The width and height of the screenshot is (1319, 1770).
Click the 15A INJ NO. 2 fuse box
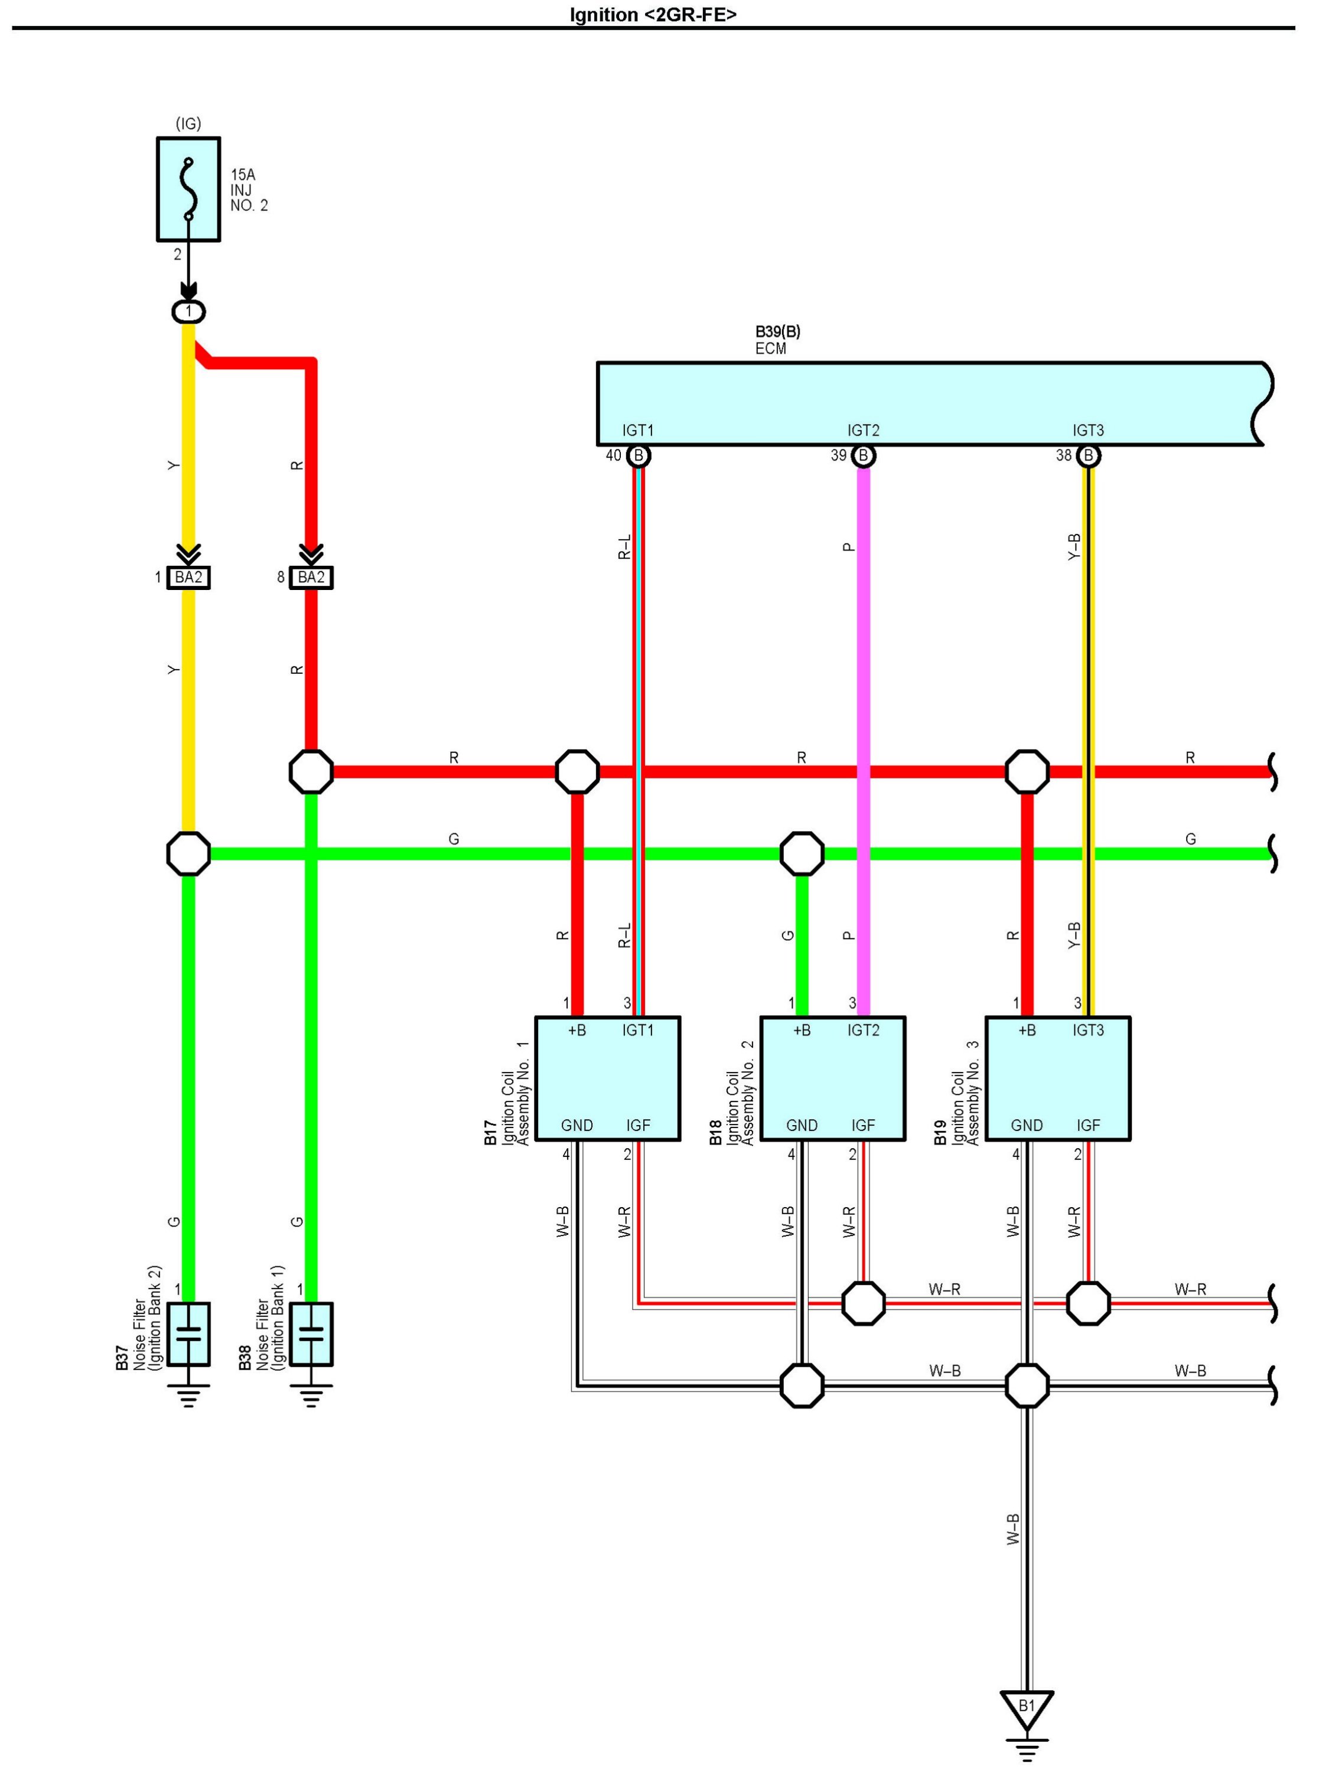click(x=188, y=189)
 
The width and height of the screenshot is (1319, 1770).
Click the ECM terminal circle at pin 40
click(x=638, y=456)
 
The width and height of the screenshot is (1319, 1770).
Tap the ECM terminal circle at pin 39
click(x=863, y=456)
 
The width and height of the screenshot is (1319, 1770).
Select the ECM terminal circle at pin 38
click(x=1088, y=456)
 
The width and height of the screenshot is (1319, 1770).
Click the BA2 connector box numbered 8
click(x=311, y=577)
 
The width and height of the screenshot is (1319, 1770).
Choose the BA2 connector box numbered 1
click(x=188, y=577)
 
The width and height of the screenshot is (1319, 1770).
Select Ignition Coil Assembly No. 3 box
click(x=1058, y=1078)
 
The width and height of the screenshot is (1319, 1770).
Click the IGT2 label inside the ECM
click(x=863, y=431)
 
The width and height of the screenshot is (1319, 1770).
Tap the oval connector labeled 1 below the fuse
click(x=188, y=311)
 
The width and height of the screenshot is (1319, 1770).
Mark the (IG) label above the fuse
click(x=188, y=124)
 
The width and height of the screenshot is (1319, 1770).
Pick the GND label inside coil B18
click(x=802, y=1126)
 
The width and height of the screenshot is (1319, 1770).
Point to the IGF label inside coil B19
click(x=1088, y=1126)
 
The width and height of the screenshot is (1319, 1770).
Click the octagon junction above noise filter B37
click(x=188, y=853)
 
